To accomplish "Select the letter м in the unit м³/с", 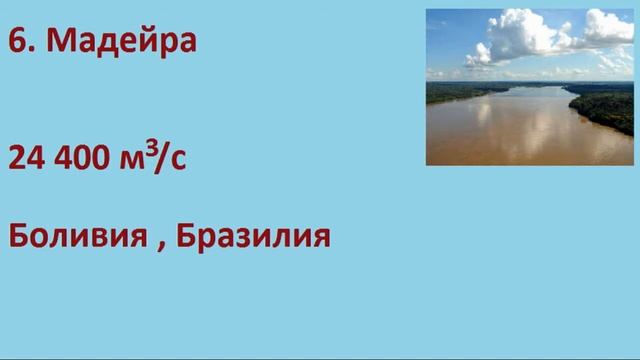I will click(134, 160).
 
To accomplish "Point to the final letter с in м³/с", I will click(179, 160).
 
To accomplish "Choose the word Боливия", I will click(75, 237).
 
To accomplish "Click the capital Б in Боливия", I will click(19, 237).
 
